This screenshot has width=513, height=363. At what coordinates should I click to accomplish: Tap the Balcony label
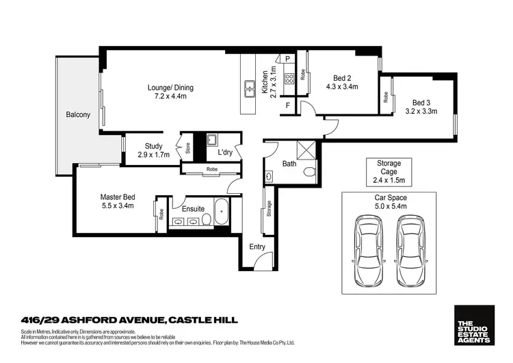[x=78, y=115]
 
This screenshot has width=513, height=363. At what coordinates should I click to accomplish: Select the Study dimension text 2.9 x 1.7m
[x=153, y=155]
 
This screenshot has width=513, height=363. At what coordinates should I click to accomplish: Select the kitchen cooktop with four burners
[x=289, y=77]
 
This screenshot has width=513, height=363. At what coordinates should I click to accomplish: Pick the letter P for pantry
[x=289, y=60]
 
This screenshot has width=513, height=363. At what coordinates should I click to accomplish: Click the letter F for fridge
[x=289, y=105]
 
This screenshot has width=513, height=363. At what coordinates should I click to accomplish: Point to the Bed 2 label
[x=342, y=77]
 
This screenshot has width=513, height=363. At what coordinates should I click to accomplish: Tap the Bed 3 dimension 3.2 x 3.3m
[x=421, y=110]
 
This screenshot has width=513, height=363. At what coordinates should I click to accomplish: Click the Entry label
[x=257, y=247]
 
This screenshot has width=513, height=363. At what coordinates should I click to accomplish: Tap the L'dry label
[x=225, y=153]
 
